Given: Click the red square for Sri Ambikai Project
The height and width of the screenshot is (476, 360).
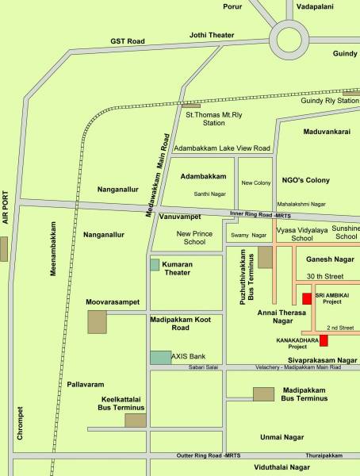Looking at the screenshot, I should point(306,299).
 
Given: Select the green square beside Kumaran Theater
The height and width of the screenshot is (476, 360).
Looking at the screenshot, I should point(155,265).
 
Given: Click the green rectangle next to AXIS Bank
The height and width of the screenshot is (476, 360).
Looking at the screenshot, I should point(160,357).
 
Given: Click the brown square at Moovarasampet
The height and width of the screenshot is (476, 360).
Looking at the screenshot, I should point(97,322).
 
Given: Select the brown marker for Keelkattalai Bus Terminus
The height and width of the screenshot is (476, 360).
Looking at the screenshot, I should point(136,420).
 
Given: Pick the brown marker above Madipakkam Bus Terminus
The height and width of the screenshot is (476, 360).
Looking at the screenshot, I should point(263,393).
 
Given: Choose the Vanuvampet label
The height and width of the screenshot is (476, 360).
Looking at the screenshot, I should point(182,217).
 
